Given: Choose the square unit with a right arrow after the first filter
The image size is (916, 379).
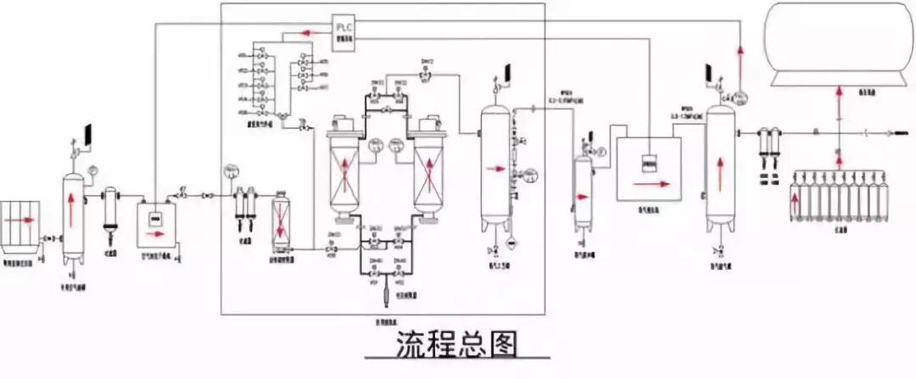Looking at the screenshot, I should [154, 217].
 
